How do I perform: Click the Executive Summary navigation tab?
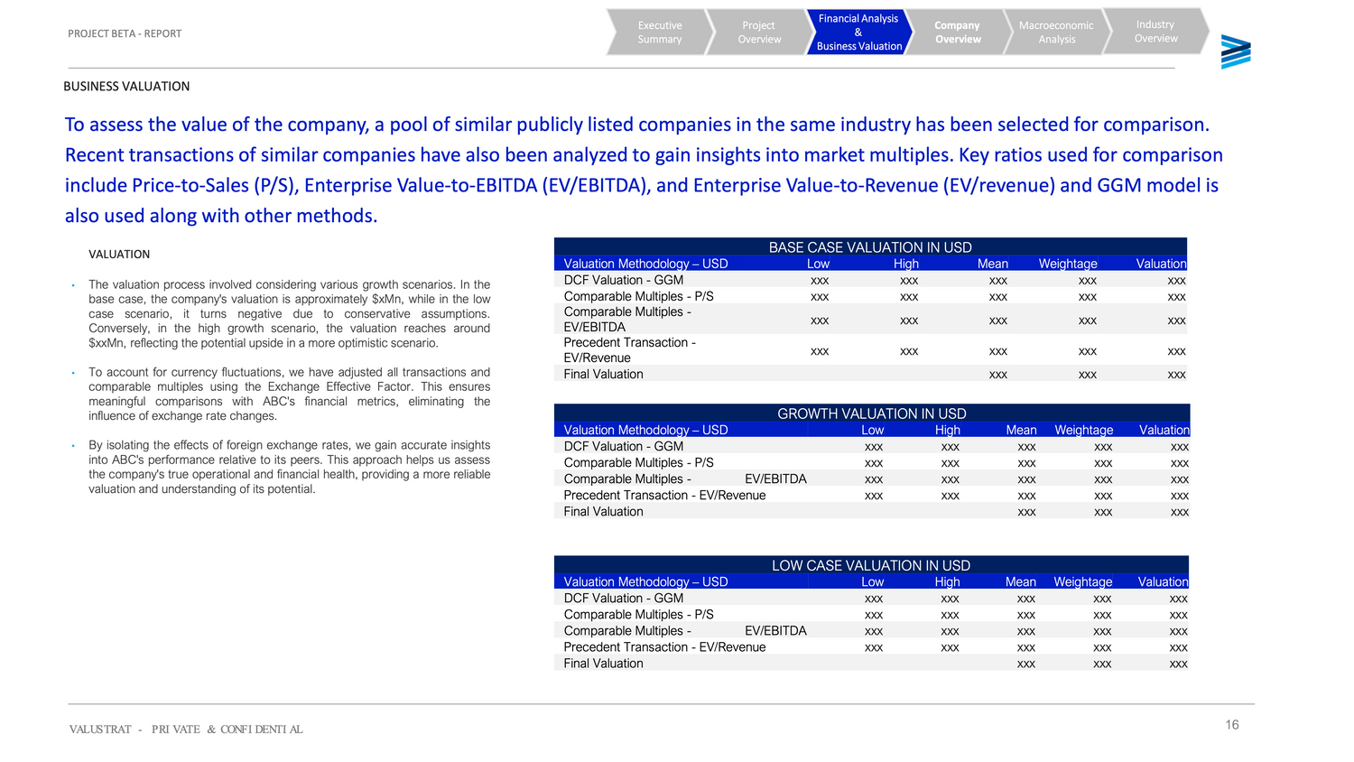[660, 33]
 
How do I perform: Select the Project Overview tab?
[759, 33]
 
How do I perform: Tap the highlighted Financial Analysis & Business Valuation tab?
[858, 33]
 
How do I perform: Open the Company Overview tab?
[958, 33]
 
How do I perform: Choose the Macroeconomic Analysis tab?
[1056, 33]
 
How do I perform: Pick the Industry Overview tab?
[1155, 32]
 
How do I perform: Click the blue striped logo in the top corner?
[1236, 52]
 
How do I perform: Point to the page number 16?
[1232, 725]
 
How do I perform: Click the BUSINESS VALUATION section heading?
[126, 87]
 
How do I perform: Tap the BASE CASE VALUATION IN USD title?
[870, 247]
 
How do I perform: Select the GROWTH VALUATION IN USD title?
[872, 414]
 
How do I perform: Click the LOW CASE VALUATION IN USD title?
[871, 565]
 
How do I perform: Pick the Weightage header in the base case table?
[1068, 264]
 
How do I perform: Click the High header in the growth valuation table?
[947, 430]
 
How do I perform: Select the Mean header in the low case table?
[1021, 581]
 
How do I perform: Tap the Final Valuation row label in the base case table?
[603, 374]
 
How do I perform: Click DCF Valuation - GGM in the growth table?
[623, 446]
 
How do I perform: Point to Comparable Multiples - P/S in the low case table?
[638, 614]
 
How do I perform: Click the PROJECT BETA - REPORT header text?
[125, 33]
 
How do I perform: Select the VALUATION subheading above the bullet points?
[119, 255]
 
